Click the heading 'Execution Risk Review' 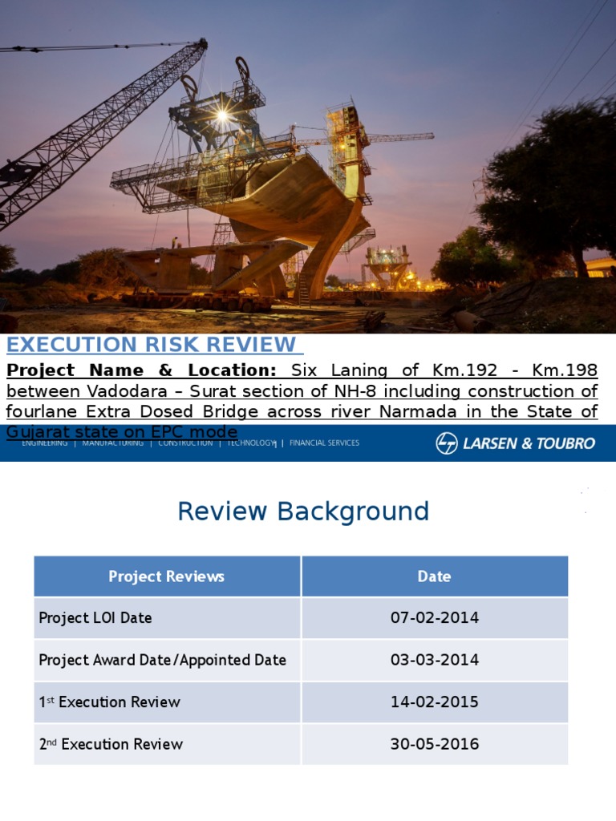[x=152, y=345]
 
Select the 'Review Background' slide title [x=303, y=512]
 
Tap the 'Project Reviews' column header [x=167, y=576]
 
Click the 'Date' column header [x=434, y=576]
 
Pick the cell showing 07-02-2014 [x=434, y=618]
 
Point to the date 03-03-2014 [x=434, y=660]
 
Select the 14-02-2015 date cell [x=434, y=702]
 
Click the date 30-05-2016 [x=434, y=744]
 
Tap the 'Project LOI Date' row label [x=95, y=618]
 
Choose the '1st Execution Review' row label [x=110, y=702]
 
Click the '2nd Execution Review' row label [x=111, y=744]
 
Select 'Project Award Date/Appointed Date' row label [x=163, y=660]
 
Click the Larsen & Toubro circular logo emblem [x=447, y=443]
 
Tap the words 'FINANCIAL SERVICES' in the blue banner [x=324, y=443]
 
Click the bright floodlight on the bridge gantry [x=221, y=115]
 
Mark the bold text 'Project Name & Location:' [x=141, y=370]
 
